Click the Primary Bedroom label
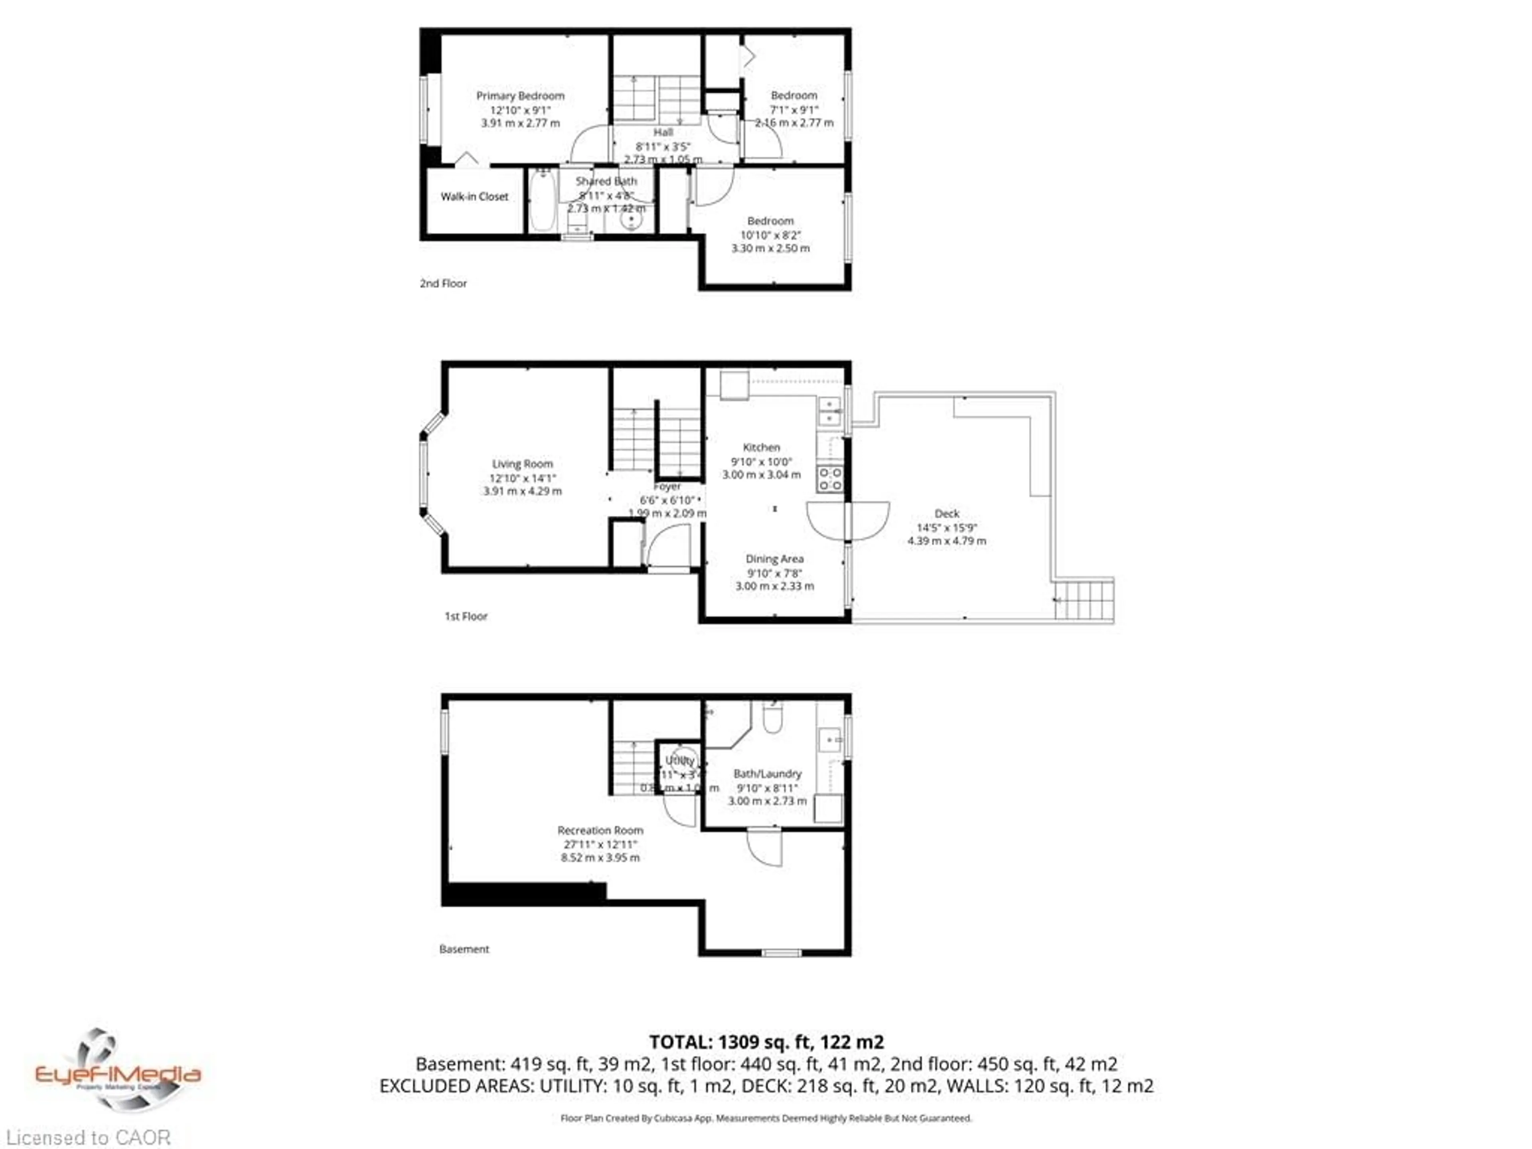pos(520,96)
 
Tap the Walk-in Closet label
pos(474,197)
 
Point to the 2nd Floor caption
pos(443,283)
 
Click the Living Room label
pos(522,464)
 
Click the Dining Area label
pos(774,559)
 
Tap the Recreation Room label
pos(600,830)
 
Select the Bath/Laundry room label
pos(767,774)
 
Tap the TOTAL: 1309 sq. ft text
pos(766,1042)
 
